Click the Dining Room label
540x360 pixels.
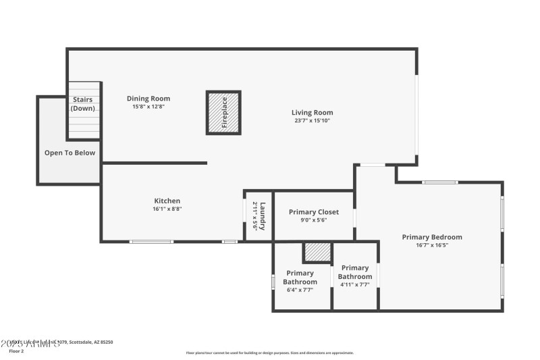pos(148,99)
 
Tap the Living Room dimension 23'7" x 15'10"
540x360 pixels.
pos(312,121)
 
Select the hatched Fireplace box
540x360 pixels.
pos(223,112)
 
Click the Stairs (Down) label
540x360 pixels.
pos(83,104)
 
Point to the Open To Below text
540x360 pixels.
pos(70,153)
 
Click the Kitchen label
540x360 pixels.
pos(167,201)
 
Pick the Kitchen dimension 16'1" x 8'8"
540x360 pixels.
pos(167,209)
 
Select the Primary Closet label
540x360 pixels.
pos(314,212)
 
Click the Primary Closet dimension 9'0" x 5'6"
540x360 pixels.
pos(313,220)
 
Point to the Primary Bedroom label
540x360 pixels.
pos(432,237)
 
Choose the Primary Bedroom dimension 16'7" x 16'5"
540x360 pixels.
pos(432,245)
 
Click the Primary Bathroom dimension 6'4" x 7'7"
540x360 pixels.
pos(300,290)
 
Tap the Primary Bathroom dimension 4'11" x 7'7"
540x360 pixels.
pos(355,284)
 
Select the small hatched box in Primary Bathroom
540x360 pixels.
pos(317,251)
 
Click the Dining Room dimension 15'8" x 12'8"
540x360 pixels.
pos(148,107)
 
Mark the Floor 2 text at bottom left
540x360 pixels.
pos(16,351)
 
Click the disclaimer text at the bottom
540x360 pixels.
pos(270,353)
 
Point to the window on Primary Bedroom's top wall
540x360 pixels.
pos(440,182)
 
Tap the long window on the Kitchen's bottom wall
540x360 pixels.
pos(151,241)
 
